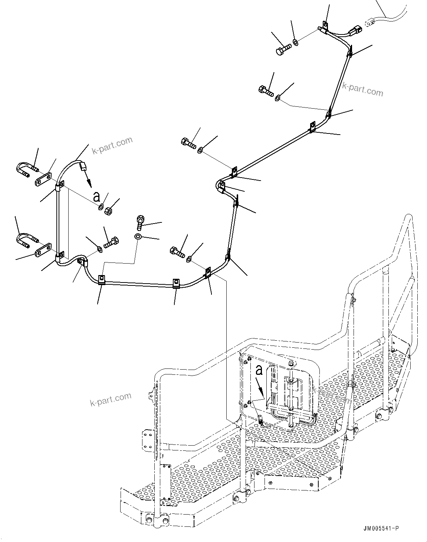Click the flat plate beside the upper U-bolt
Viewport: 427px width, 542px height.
tap(44, 179)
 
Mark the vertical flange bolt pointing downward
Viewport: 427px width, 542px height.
tap(140, 222)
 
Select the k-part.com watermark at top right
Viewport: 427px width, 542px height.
tap(362, 89)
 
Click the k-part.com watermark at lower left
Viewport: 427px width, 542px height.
tap(111, 399)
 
